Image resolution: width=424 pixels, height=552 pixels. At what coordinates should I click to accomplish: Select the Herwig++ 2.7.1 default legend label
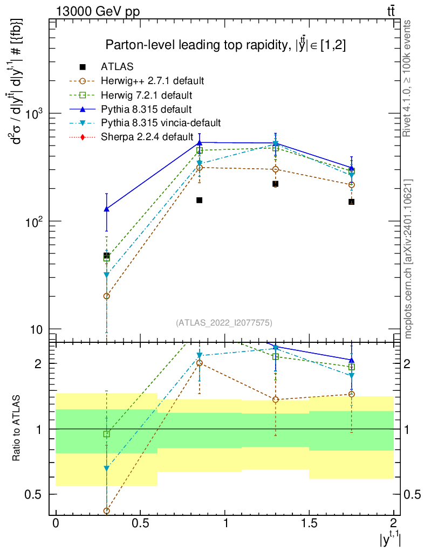[x=152, y=81]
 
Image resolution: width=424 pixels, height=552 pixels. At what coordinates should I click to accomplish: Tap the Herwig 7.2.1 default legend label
[x=146, y=95]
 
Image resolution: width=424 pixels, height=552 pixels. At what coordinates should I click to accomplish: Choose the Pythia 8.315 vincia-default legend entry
[x=161, y=123]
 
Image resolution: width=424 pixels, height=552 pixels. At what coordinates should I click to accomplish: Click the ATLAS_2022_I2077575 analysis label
[x=224, y=323]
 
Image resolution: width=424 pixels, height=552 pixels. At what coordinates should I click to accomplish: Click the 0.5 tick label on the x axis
[x=140, y=523]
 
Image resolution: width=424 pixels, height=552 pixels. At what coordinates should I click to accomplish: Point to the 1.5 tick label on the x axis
[x=309, y=523]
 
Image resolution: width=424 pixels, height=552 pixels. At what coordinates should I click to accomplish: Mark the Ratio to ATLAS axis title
[x=17, y=429]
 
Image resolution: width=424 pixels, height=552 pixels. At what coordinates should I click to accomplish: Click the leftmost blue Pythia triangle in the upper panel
[x=107, y=209]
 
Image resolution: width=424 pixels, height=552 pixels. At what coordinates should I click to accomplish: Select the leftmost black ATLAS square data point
[x=107, y=256]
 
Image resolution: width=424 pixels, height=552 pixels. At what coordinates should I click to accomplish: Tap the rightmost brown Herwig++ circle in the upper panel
[x=352, y=185]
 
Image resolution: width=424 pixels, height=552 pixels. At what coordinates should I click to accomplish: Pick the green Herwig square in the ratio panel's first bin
[x=107, y=434]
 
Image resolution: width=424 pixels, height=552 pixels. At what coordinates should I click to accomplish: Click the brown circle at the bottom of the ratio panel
[x=107, y=510]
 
